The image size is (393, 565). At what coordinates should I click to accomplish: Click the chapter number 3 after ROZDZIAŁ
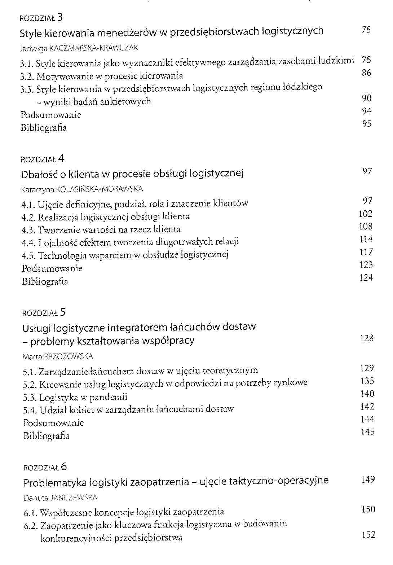click(60, 17)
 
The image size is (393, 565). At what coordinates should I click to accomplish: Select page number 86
click(366, 73)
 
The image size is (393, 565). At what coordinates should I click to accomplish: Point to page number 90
click(366, 98)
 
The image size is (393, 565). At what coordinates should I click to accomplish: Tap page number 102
click(366, 214)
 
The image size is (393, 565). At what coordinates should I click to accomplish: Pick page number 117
click(366, 252)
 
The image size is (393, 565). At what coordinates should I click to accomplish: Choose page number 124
click(366, 277)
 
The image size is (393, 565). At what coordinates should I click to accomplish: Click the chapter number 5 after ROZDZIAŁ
click(63, 312)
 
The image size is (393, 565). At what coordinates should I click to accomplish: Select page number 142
click(367, 407)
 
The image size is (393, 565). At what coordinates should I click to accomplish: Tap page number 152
click(368, 535)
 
